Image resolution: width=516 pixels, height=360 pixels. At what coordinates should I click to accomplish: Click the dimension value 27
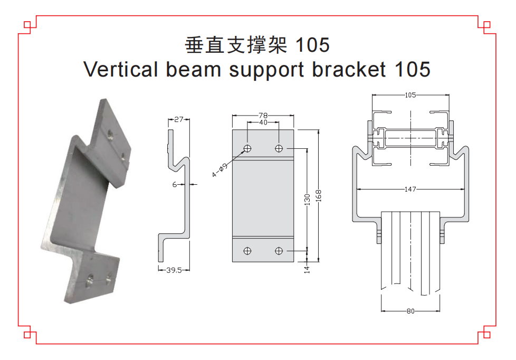(179, 119)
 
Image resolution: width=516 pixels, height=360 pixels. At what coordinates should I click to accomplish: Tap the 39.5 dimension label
(174, 270)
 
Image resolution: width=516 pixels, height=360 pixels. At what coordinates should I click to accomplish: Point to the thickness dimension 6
(175, 184)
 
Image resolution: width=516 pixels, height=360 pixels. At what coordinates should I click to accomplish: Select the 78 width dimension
(263, 115)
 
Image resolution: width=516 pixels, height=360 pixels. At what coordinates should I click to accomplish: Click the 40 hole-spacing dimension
(263, 122)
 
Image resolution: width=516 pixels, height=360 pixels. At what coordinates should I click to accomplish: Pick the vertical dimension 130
(307, 200)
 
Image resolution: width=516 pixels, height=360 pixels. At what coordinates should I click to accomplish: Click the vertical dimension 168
(318, 196)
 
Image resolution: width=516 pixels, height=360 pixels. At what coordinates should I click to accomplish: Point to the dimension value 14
(307, 269)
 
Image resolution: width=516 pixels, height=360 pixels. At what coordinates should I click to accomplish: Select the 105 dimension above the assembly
(410, 95)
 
